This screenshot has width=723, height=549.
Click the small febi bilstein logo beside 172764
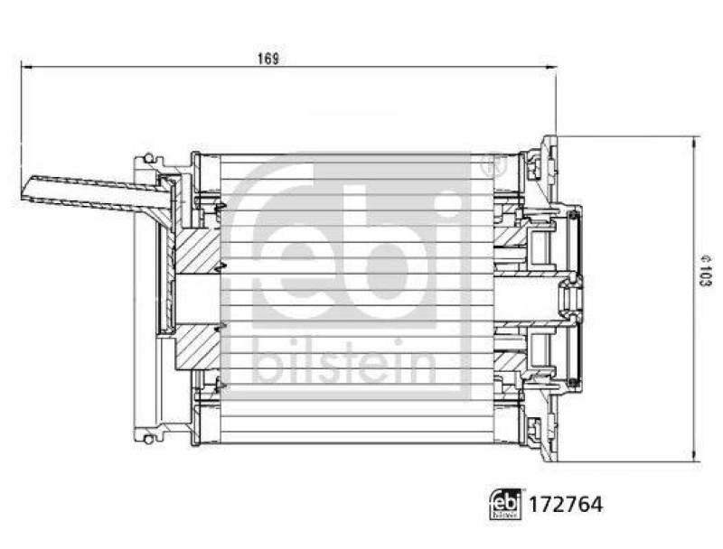click(505, 504)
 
